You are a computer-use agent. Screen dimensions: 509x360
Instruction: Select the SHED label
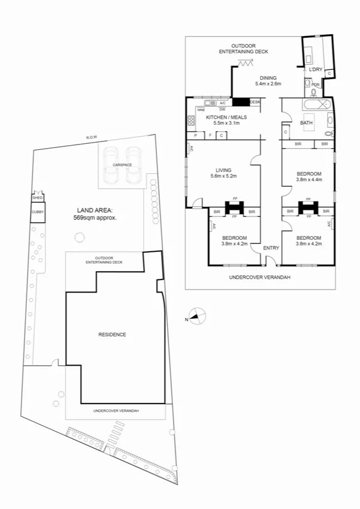[37, 197]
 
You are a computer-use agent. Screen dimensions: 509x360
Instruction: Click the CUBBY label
[37, 212]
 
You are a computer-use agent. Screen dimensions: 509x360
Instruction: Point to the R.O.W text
[91, 138]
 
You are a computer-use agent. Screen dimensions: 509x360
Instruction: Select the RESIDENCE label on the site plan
[112, 335]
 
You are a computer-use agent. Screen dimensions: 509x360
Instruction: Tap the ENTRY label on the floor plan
[271, 248]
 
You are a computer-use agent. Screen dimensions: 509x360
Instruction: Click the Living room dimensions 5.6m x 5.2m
[223, 176]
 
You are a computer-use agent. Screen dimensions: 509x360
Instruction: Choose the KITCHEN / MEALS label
[225, 117]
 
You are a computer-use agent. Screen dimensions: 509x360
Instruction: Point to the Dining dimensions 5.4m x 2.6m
[268, 84]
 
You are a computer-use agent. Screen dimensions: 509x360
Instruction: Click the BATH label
[306, 123]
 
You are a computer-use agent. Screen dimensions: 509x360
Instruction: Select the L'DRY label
[316, 70]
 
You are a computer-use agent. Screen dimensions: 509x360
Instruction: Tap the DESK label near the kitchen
[255, 102]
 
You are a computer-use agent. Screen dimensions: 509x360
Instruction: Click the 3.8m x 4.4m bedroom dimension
[309, 179]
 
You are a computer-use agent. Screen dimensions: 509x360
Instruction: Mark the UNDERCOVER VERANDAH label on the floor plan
[259, 278]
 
